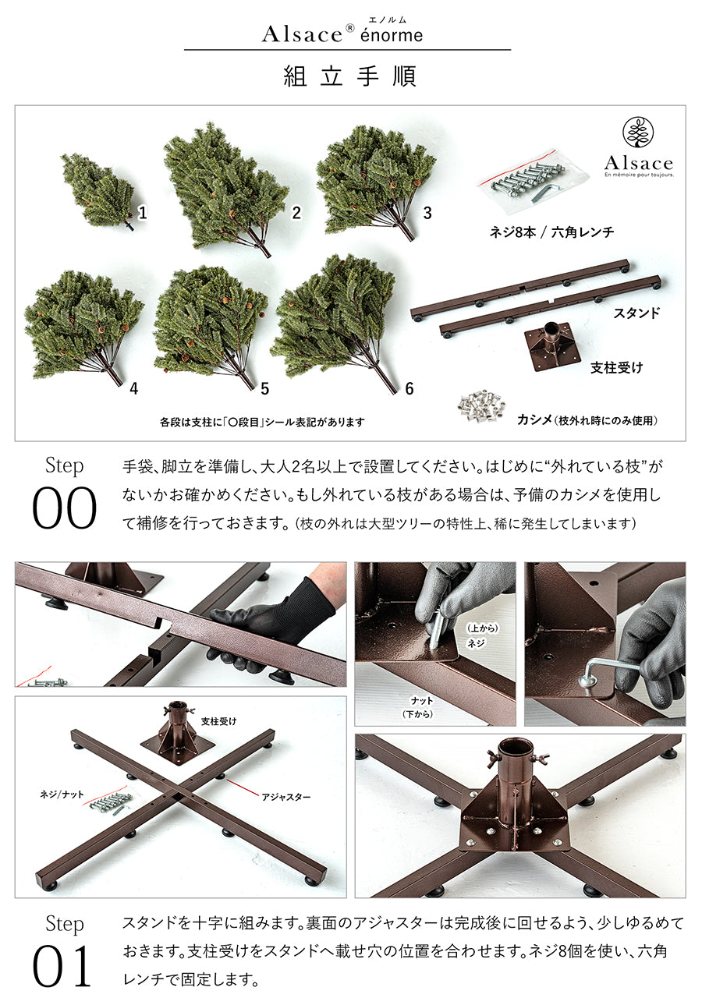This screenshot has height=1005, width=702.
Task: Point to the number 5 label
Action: (265, 388)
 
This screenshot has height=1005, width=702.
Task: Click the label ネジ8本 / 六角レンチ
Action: (551, 232)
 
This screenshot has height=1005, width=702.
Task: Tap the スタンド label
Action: (636, 313)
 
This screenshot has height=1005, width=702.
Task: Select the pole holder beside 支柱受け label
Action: (551, 345)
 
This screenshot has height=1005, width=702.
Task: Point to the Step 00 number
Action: (64, 508)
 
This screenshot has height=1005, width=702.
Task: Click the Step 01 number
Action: (62, 967)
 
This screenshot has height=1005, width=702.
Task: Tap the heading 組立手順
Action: (350, 76)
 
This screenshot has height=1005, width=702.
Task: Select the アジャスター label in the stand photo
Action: (285, 797)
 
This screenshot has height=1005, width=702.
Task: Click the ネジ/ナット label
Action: (62, 794)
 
